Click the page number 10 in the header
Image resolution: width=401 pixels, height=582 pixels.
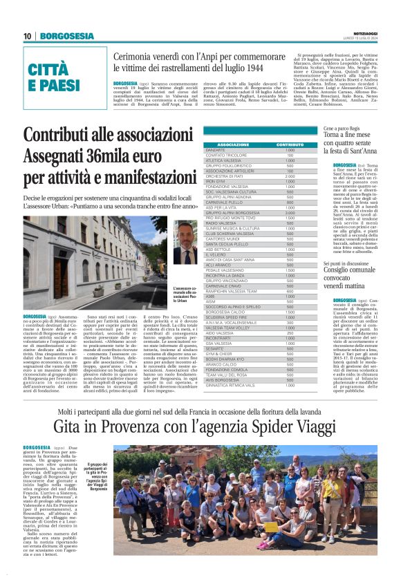(27, 36)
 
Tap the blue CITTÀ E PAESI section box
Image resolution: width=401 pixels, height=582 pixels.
(54, 77)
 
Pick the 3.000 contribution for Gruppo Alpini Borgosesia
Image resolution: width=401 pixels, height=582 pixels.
(290, 212)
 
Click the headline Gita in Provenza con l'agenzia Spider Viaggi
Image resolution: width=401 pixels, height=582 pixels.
(200, 427)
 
